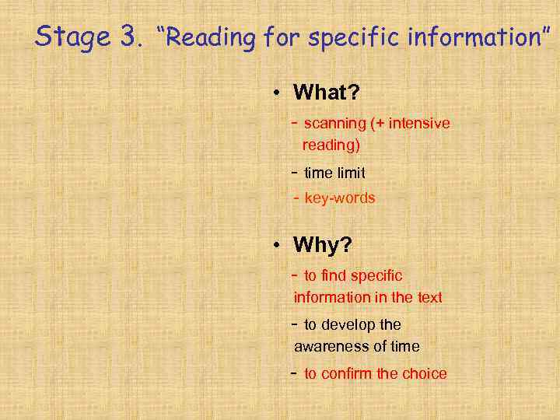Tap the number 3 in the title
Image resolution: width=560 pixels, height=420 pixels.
pos(128,36)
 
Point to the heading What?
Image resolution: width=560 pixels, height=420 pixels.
pos(326,93)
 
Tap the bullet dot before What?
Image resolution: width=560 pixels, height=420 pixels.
pos(277,93)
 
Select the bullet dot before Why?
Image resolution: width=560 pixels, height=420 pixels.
pos(277,246)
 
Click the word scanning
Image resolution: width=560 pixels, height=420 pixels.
pos(334,124)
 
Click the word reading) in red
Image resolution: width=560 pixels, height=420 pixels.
pos(331,145)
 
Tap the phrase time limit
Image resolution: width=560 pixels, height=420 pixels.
pos(334,173)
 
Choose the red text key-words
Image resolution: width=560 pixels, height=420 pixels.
pos(340,198)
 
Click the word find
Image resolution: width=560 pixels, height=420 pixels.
pos(334,275)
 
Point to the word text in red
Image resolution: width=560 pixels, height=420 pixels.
pos(429,297)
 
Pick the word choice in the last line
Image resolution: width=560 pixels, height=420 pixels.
pos(425,373)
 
